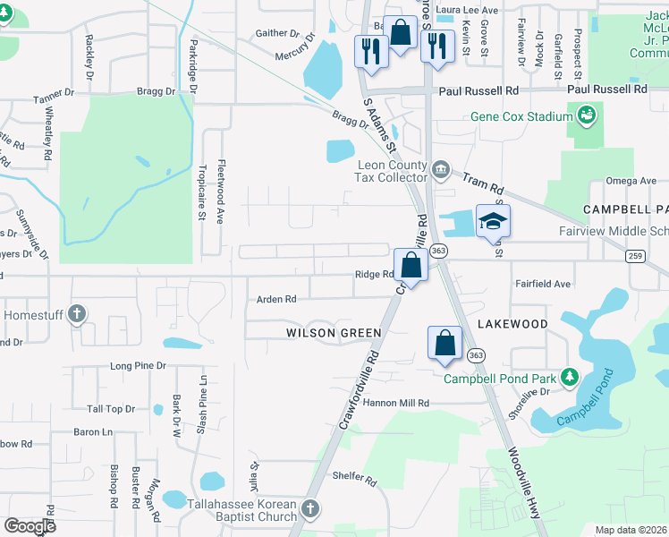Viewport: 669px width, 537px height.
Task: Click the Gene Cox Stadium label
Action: (x=521, y=117)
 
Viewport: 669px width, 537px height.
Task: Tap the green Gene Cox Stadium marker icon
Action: (x=587, y=115)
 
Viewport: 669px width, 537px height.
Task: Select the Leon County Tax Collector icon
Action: (x=440, y=169)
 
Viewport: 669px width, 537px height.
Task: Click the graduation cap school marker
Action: (x=493, y=220)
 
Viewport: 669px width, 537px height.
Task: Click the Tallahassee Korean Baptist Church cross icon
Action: (x=309, y=509)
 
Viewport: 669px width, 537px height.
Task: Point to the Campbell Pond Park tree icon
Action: (x=567, y=377)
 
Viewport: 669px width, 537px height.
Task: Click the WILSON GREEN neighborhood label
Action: (x=334, y=333)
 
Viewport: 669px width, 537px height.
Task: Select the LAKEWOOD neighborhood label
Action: (x=512, y=323)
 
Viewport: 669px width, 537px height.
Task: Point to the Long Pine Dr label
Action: (x=138, y=366)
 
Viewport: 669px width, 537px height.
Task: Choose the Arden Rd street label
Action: (x=276, y=300)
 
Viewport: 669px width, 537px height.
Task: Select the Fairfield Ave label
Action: (x=542, y=284)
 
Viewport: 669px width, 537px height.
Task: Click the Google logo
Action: (x=30, y=525)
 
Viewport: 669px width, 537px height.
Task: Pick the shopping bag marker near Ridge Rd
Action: (x=411, y=265)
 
